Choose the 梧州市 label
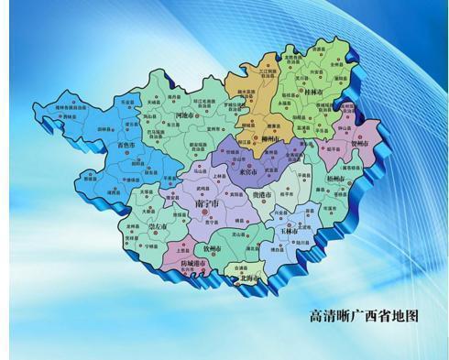click(x=336, y=179)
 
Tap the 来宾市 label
click(x=246, y=172)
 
